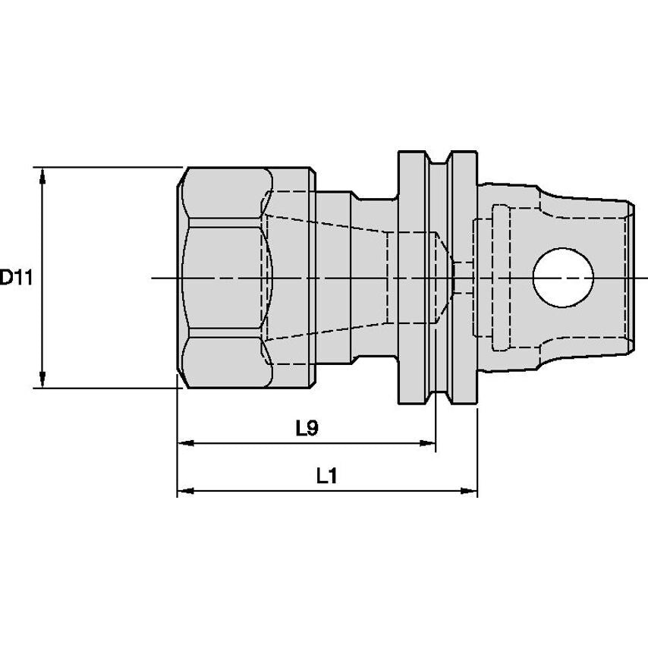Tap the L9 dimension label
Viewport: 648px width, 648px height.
pyautogui.click(x=307, y=429)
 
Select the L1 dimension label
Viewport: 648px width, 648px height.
pyautogui.click(x=326, y=477)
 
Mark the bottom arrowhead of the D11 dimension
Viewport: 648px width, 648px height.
pyautogui.click(x=42, y=381)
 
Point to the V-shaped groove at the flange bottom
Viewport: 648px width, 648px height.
pyautogui.click(x=438, y=399)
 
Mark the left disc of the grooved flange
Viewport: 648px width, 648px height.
pyautogui.click(x=413, y=278)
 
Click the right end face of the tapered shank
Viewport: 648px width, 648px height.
pyautogui.click(x=631, y=278)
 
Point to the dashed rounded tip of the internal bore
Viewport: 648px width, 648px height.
pyautogui.click(x=445, y=278)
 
